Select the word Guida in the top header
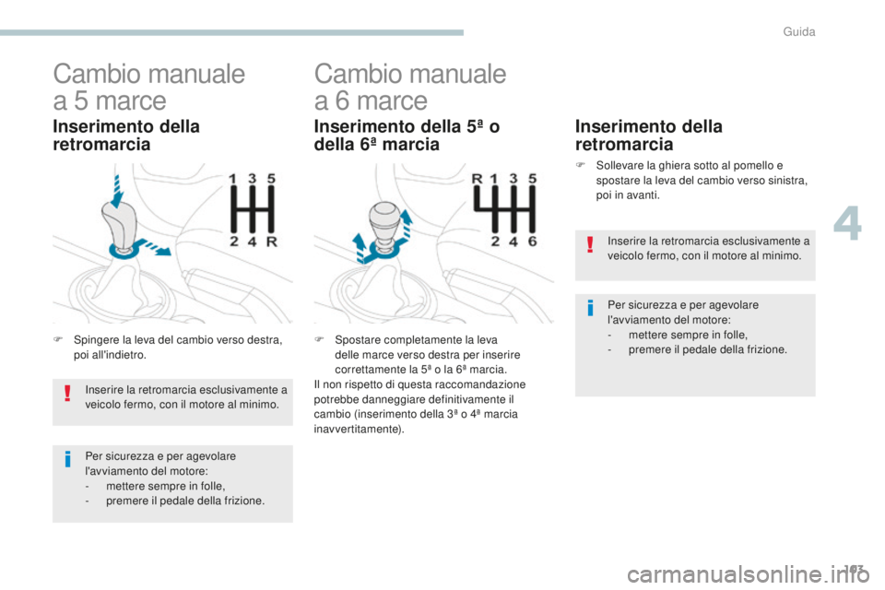799,31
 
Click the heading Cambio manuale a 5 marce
148,86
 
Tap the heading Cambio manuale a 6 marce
409,86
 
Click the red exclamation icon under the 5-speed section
67,395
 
